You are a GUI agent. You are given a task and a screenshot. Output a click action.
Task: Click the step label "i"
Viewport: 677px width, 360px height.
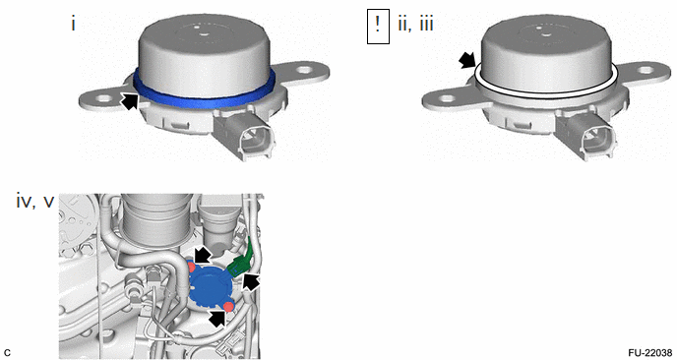pyautogui.click(x=74, y=24)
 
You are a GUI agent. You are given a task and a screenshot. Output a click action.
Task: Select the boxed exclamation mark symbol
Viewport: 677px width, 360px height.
pyautogui.click(x=378, y=27)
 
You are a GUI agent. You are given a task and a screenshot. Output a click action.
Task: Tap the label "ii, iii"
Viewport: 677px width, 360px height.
pyautogui.click(x=416, y=24)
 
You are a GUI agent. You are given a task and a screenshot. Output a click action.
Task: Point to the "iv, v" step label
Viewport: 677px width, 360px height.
pyautogui.click(x=35, y=202)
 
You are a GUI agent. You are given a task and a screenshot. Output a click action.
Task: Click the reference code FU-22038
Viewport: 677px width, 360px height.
pyautogui.click(x=650, y=352)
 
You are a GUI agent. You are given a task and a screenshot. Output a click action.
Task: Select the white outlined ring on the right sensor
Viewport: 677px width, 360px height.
pyautogui.click(x=546, y=91)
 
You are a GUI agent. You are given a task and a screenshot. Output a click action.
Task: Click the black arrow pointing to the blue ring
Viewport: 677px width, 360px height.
pyautogui.click(x=130, y=100)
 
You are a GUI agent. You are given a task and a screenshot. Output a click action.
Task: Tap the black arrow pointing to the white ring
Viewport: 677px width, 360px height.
pyautogui.click(x=467, y=61)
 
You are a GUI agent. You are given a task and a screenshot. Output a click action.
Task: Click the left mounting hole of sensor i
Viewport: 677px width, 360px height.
pyautogui.click(x=102, y=98)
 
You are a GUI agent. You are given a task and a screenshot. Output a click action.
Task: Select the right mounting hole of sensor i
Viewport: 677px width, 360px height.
pyautogui.click(x=305, y=69)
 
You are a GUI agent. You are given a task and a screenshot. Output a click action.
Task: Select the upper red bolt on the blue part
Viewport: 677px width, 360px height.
pyautogui.click(x=191, y=267)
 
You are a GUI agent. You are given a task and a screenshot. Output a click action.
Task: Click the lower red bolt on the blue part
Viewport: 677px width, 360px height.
pyautogui.click(x=228, y=307)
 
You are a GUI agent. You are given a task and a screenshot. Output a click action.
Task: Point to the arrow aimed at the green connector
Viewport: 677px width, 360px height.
pyautogui.click(x=251, y=282)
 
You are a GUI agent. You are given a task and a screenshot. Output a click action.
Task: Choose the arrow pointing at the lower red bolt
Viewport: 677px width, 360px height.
pyautogui.click(x=218, y=319)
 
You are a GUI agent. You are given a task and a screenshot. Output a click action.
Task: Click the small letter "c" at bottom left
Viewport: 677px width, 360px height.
pyautogui.click(x=7, y=353)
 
